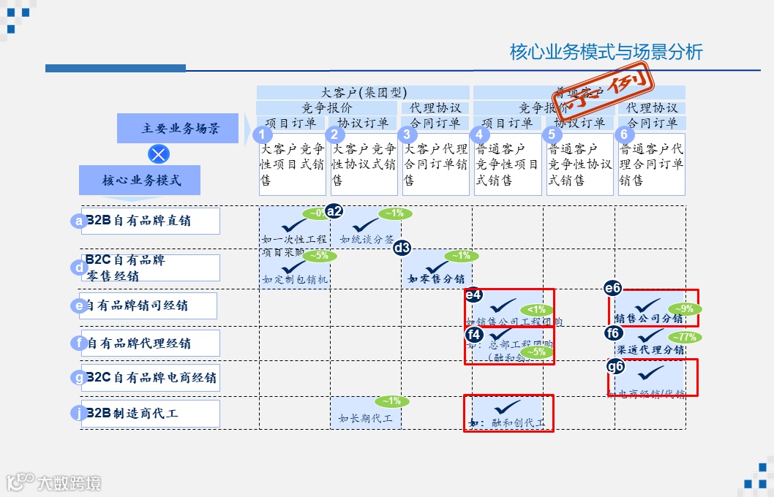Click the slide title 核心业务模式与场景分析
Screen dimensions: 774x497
606,52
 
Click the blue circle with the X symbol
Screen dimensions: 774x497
159,154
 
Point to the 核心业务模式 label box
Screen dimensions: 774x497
140,180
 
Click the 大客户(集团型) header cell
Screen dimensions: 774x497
364,92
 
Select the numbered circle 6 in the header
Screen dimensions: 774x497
623,134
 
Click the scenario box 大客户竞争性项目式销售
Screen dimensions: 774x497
293,164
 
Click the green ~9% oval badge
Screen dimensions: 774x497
683,308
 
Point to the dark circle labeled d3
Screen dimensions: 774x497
402,248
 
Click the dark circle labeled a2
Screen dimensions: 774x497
334,211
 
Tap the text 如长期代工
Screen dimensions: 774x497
365,419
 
